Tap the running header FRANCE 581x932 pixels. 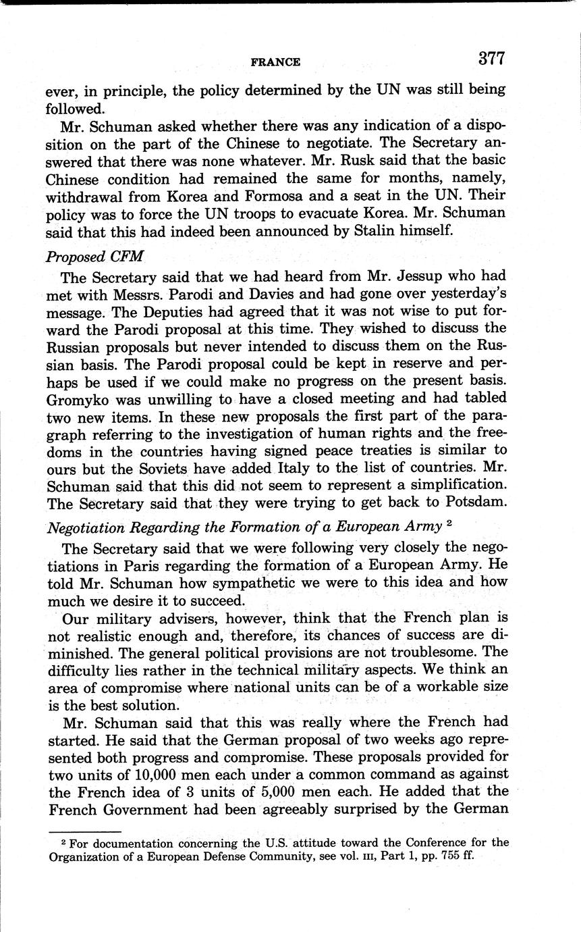pos(275,62)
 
